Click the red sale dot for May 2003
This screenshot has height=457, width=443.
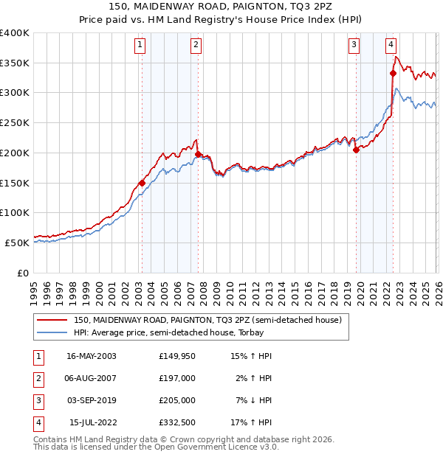pos(142,183)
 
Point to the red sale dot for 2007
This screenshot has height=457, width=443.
pos(198,154)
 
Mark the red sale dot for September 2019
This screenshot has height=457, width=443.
pos(356,150)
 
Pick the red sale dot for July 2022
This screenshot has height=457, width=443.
pos(393,73)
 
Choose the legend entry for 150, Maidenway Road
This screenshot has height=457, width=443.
pos(207,321)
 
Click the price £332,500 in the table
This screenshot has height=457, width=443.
pos(176,422)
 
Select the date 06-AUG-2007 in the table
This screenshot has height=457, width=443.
pos(92,378)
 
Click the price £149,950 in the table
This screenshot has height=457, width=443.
pos(176,356)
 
